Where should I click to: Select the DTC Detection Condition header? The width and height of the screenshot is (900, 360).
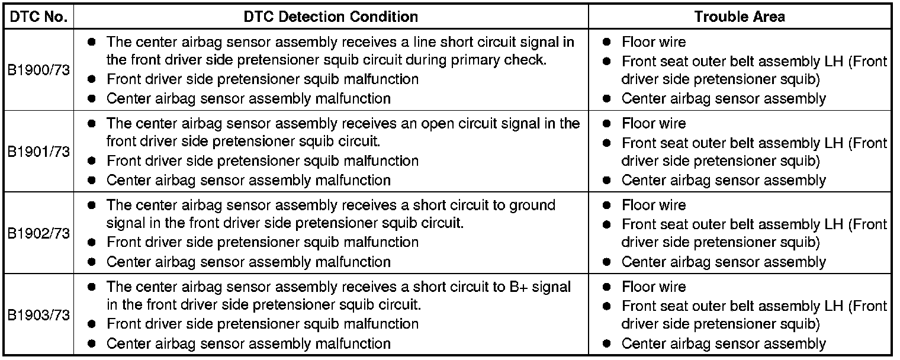point(330,16)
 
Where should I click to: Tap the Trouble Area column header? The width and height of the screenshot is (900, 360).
point(740,16)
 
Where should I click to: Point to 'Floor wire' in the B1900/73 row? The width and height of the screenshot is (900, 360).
point(653,42)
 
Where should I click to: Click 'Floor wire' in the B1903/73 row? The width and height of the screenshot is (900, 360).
point(653,287)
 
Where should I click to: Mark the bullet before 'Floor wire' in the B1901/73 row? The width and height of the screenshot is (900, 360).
point(606,124)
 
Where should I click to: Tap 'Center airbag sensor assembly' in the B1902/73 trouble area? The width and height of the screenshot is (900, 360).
point(723,262)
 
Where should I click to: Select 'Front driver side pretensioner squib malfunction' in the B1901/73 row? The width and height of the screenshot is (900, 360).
point(262,160)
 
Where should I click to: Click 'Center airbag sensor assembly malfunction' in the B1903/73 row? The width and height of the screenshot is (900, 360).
point(248,343)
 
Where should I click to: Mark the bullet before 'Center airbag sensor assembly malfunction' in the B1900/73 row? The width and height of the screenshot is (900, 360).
point(91,98)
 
